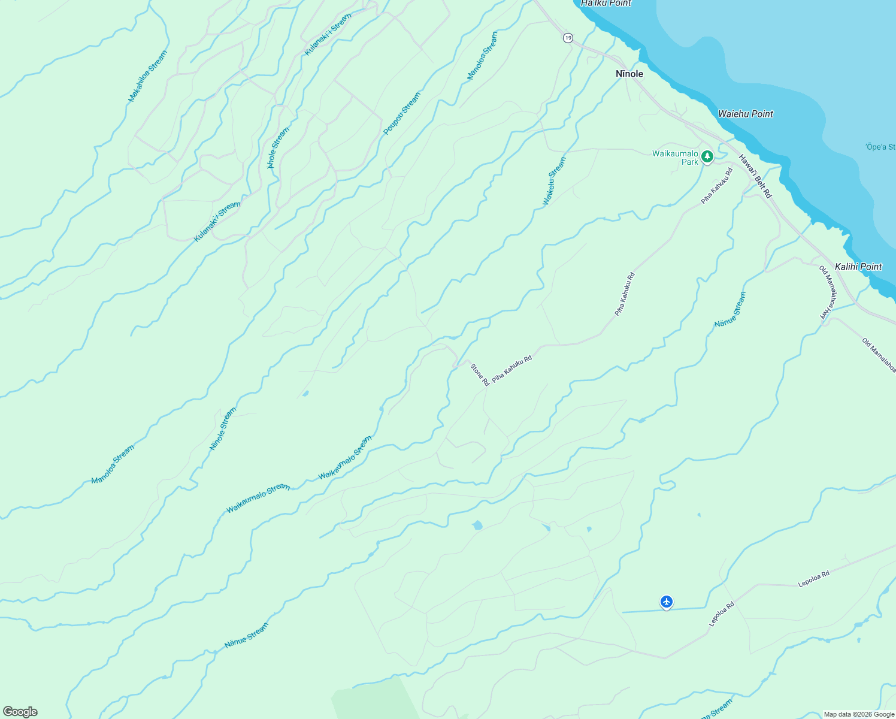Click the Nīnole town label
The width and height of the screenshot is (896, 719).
629,74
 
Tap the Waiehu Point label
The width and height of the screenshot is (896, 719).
746,114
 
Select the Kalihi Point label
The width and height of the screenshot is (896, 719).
858,267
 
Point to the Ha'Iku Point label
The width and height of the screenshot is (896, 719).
606,3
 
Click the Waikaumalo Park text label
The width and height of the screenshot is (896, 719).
675,158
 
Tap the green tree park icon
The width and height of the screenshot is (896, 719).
707,157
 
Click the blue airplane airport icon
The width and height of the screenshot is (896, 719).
667,602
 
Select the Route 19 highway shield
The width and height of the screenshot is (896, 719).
568,38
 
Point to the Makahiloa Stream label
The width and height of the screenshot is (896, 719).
148,76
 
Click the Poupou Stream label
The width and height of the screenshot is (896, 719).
402,113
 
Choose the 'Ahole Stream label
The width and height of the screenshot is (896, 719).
279,147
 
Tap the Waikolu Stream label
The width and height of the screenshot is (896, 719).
553,181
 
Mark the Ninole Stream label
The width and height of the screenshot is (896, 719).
223,429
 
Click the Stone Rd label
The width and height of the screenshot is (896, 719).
480,374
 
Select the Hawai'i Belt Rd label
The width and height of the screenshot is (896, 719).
755,176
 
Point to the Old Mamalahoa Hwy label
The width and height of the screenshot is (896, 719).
827,292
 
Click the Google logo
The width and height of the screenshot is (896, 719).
20,712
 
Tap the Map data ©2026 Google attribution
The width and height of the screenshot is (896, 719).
859,714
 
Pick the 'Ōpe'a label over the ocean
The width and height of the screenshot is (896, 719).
880,147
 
